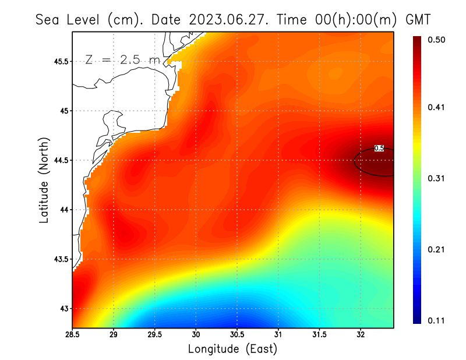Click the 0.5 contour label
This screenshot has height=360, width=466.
[379, 149]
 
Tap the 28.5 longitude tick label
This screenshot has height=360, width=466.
[73, 335]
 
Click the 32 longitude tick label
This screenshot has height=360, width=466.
[360, 335]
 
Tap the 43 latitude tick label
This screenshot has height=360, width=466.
[64, 308]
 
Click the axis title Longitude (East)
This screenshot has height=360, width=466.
[232, 349]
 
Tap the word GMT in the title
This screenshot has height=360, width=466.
[418, 19]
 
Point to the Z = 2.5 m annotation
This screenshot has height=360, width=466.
[122, 59]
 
